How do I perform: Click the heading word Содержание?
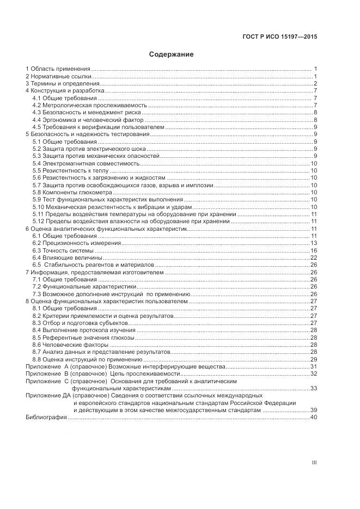[x=171, y=54]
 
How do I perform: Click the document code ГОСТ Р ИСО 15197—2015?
[x=279, y=37]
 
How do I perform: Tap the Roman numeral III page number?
[x=314, y=463]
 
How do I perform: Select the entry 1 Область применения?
[x=58, y=69]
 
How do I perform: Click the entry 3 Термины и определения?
[x=62, y=84]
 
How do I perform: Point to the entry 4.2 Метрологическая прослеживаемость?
[x=89, y=106]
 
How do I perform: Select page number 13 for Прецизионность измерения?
[x=314, y=243]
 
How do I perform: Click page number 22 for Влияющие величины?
[x=314, y=257]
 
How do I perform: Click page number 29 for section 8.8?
[x=314, y=360]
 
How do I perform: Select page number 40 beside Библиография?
[x=314, y=418]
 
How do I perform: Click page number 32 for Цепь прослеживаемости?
[x=314, y=374]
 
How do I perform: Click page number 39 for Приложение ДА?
[x=314, y=410]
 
